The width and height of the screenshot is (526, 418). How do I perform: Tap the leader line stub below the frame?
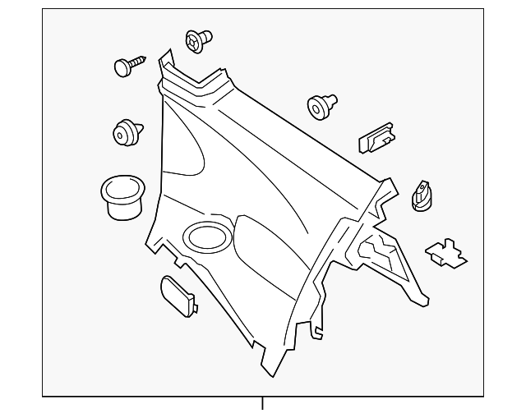point(263,403)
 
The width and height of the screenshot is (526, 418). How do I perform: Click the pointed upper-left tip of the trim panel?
point(164,53)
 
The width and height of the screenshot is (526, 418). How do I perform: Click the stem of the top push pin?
point(206,37)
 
